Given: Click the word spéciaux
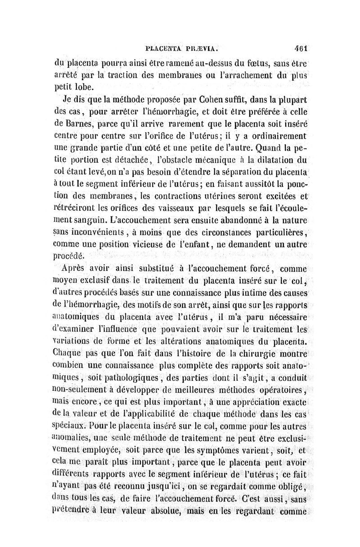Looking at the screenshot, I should click(69, 424).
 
